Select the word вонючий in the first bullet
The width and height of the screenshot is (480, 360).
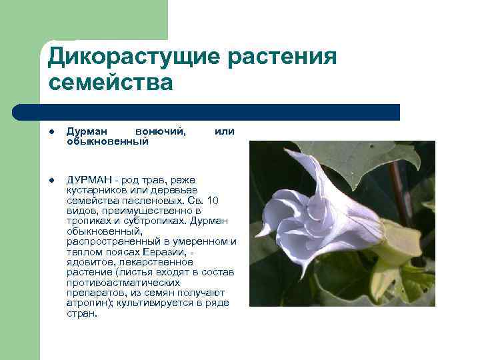[160, 131]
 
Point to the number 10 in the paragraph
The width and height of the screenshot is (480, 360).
[211, 200]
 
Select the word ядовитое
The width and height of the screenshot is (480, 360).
[89, 262]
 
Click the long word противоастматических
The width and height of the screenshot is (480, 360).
[123, 283]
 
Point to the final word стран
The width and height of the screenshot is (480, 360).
[81, 313]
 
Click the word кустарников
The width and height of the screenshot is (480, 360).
[95, 190]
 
